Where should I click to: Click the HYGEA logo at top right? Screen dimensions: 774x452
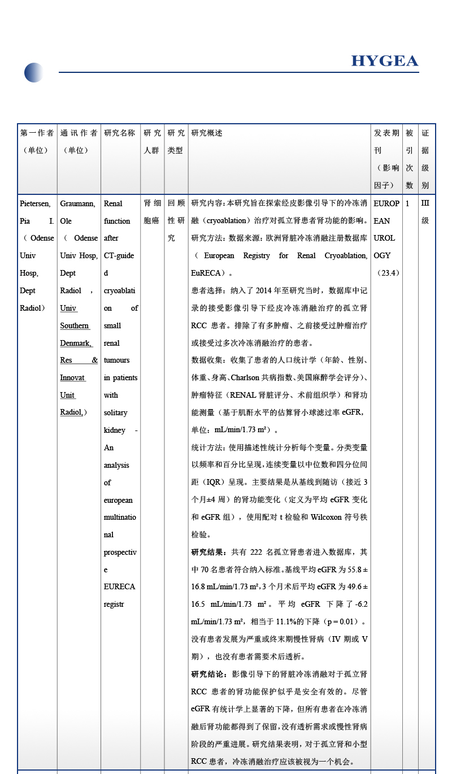384,61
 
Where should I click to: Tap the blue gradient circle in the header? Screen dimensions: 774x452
34,72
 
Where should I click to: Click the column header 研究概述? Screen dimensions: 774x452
207,133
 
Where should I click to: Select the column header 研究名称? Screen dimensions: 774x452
120,133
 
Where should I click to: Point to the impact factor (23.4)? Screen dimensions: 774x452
387,273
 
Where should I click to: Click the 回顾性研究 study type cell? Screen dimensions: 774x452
176,221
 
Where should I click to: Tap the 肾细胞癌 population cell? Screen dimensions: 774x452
151,212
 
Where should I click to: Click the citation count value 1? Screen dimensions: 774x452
407,203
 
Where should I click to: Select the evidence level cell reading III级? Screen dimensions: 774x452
425,212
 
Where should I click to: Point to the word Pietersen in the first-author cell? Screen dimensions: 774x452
35,203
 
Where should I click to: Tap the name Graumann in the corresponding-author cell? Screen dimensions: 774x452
77,203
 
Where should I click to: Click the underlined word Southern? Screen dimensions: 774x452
75,325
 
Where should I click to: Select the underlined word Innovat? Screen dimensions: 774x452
73,377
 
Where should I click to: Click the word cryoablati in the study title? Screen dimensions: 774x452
119,290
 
